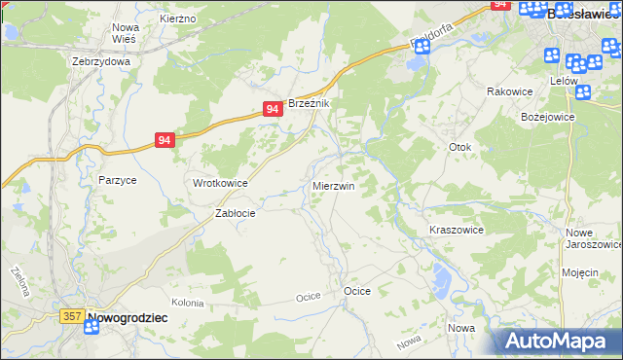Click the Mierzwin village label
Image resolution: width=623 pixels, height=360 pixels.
pyautogui.click(x=333, y=185)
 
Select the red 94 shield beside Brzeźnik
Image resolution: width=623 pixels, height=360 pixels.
pyautogui.click(x=273, y=110)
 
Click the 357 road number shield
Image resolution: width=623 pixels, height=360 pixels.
pyautogui.click(x=71, y=316)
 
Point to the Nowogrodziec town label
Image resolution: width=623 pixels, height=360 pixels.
pyautogui.click(x=128, y=317)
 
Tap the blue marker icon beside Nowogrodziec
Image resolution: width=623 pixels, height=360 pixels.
pyautogui.click(x=92, y=328)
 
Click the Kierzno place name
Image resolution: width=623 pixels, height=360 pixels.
pyautogui.click(x=178, y=18)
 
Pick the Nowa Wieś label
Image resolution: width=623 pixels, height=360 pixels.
pyautogui.click(x=126, y=33)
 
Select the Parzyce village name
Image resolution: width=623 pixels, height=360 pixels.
pyautogui.click(x=117, y=180)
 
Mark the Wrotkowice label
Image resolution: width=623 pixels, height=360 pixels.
pyautogui.click(x=220, y=183)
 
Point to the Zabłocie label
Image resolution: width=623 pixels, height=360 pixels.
pyautogui.click(x=235, y=213)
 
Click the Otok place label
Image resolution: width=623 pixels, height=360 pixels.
pyautogui.click(x=459, y=147)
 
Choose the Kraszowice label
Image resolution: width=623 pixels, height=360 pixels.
pyautogui.click(x=457, y=230)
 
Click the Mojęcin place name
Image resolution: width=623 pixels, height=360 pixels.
pyautogui.click(x=579, y=272)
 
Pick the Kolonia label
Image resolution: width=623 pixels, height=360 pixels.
pyautogui.click(x=187, y=304)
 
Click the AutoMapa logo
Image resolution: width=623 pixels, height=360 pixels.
pyautogui.click(x=557, y=342)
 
